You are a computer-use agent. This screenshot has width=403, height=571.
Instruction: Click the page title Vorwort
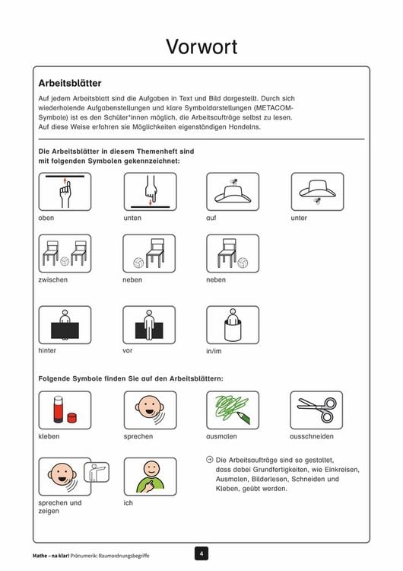point(201,46)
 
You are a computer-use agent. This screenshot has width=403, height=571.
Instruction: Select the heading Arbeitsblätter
point(70,83)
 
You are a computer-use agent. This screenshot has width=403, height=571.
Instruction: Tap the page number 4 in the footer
point(201,554)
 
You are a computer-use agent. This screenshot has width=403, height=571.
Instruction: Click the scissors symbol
point(317,410)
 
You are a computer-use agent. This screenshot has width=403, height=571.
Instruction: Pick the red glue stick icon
point(59,410)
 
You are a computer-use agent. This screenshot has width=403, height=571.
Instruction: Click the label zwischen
point(52,279)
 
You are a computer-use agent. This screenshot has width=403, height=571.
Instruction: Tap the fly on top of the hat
point(233,181)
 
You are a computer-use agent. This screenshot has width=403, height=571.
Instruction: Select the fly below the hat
point(318,201)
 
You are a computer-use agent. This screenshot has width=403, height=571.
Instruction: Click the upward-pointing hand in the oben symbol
point(65,193)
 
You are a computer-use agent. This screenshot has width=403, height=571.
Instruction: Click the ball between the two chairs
point(65,261)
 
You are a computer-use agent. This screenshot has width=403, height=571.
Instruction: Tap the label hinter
point(47,350)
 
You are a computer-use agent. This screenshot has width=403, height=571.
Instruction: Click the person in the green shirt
point(150,477)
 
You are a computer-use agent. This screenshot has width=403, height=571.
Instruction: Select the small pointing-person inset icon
point(97,472)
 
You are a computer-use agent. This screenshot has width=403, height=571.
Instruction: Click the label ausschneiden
point(312,436)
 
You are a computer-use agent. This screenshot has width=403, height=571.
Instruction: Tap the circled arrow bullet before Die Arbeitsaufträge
point(210,460)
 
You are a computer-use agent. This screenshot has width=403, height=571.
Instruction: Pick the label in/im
point(214,351)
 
